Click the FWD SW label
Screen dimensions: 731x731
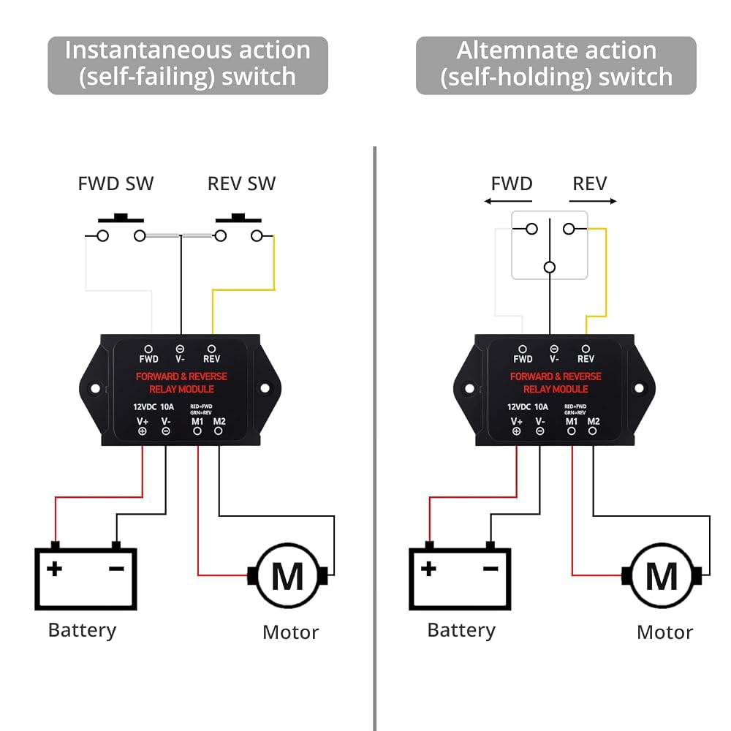tap(115, 183)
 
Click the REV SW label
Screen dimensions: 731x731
tap(241, 183)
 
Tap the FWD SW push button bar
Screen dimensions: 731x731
tap(121, 218)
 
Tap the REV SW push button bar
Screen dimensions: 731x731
tap(238, 218)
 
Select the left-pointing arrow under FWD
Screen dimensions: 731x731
tap(508, 202)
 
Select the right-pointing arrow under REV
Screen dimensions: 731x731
tap(593, 202)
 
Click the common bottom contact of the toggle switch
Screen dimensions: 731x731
tap(550, 267)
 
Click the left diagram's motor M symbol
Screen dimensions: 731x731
tap(287, 576)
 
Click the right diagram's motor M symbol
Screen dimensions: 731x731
tap(662, 576)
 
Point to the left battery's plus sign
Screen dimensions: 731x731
tap(55, 568)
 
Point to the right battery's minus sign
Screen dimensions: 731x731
tap(491, 569)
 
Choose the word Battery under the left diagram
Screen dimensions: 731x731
tap(82, 630)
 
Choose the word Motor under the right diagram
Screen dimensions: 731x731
tap(664, 632)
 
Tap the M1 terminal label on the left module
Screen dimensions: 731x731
tap(197, 422)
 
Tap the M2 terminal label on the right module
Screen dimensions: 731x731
tap(594, 422)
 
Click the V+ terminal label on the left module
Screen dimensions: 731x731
tap(143, 422)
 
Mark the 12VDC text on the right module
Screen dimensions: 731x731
tap(519, 407)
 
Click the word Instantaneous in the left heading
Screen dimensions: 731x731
tap(148, 50)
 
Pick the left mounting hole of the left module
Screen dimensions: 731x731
tap(95, 388)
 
